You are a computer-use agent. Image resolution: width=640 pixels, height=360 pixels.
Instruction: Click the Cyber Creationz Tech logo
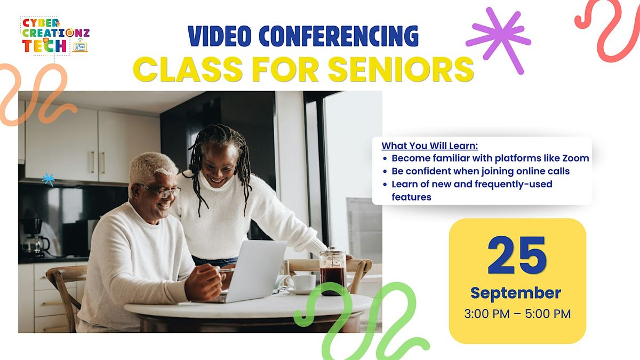coord(55,36)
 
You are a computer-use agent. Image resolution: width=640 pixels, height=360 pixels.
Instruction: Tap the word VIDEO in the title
coord(220,36)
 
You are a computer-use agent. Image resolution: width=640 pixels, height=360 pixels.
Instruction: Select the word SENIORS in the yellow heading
coord(401,69)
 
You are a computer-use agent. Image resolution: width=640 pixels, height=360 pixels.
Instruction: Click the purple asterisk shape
coord(499,40)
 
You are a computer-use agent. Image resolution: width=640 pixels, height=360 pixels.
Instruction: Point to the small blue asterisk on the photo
coord(49,179)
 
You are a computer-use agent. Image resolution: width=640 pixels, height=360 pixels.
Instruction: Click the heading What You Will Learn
coord(429,146)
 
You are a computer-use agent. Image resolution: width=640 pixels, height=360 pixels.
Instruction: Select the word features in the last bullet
coord(411,197)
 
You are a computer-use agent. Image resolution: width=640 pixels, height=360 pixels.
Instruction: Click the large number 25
coord(517,255)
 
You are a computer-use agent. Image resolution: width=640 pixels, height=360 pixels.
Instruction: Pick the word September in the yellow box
coord(516,293)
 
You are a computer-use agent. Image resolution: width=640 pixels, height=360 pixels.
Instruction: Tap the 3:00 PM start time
coord(487,314)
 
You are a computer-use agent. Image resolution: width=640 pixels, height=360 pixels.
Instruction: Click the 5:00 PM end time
coord(548,314)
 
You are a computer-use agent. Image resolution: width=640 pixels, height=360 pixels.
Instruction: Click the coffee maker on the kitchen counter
coord(34,238)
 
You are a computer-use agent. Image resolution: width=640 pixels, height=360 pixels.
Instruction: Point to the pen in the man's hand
coord(227,269)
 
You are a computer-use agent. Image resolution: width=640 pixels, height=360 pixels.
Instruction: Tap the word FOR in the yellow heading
coord(285,69)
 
